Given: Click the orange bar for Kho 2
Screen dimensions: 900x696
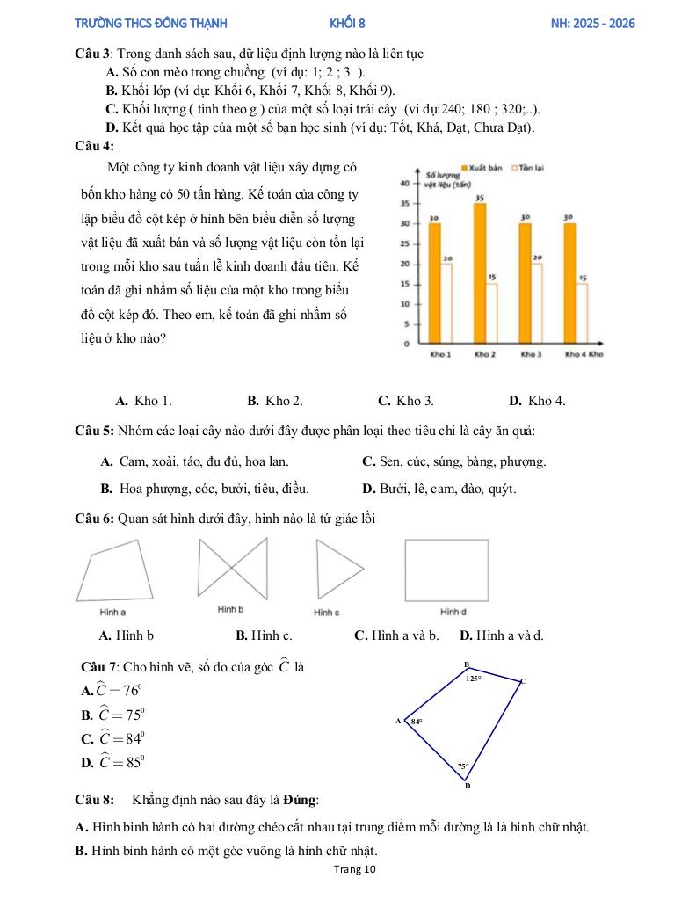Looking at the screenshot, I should tap(480, 272).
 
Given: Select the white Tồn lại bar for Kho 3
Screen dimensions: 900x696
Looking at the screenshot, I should tap(537, 302).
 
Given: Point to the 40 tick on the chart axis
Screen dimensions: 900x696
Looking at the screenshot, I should tap(405, 183).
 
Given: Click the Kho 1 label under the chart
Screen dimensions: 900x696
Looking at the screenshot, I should tap(440, 354).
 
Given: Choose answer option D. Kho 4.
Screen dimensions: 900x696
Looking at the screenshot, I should tap(537, 401).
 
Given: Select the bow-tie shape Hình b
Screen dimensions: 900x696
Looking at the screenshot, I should tap(233, 569).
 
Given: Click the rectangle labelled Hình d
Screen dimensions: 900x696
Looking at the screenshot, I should tap(446, 569).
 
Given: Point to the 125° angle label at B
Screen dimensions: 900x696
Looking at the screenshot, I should tap(473, 679).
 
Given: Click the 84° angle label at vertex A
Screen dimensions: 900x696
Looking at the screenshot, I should tap(417, 722).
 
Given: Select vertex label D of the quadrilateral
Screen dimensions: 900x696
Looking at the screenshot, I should tap(467, 786).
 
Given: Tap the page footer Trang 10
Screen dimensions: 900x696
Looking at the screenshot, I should tap(355, 870).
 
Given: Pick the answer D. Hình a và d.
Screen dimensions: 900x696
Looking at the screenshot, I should tap(502, 635).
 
